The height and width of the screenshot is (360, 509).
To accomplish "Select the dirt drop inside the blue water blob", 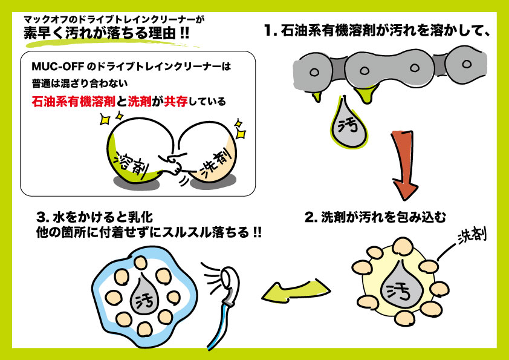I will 146,293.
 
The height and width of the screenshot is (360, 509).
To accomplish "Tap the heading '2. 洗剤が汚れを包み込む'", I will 370,217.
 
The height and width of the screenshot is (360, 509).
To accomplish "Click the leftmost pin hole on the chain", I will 314,71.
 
